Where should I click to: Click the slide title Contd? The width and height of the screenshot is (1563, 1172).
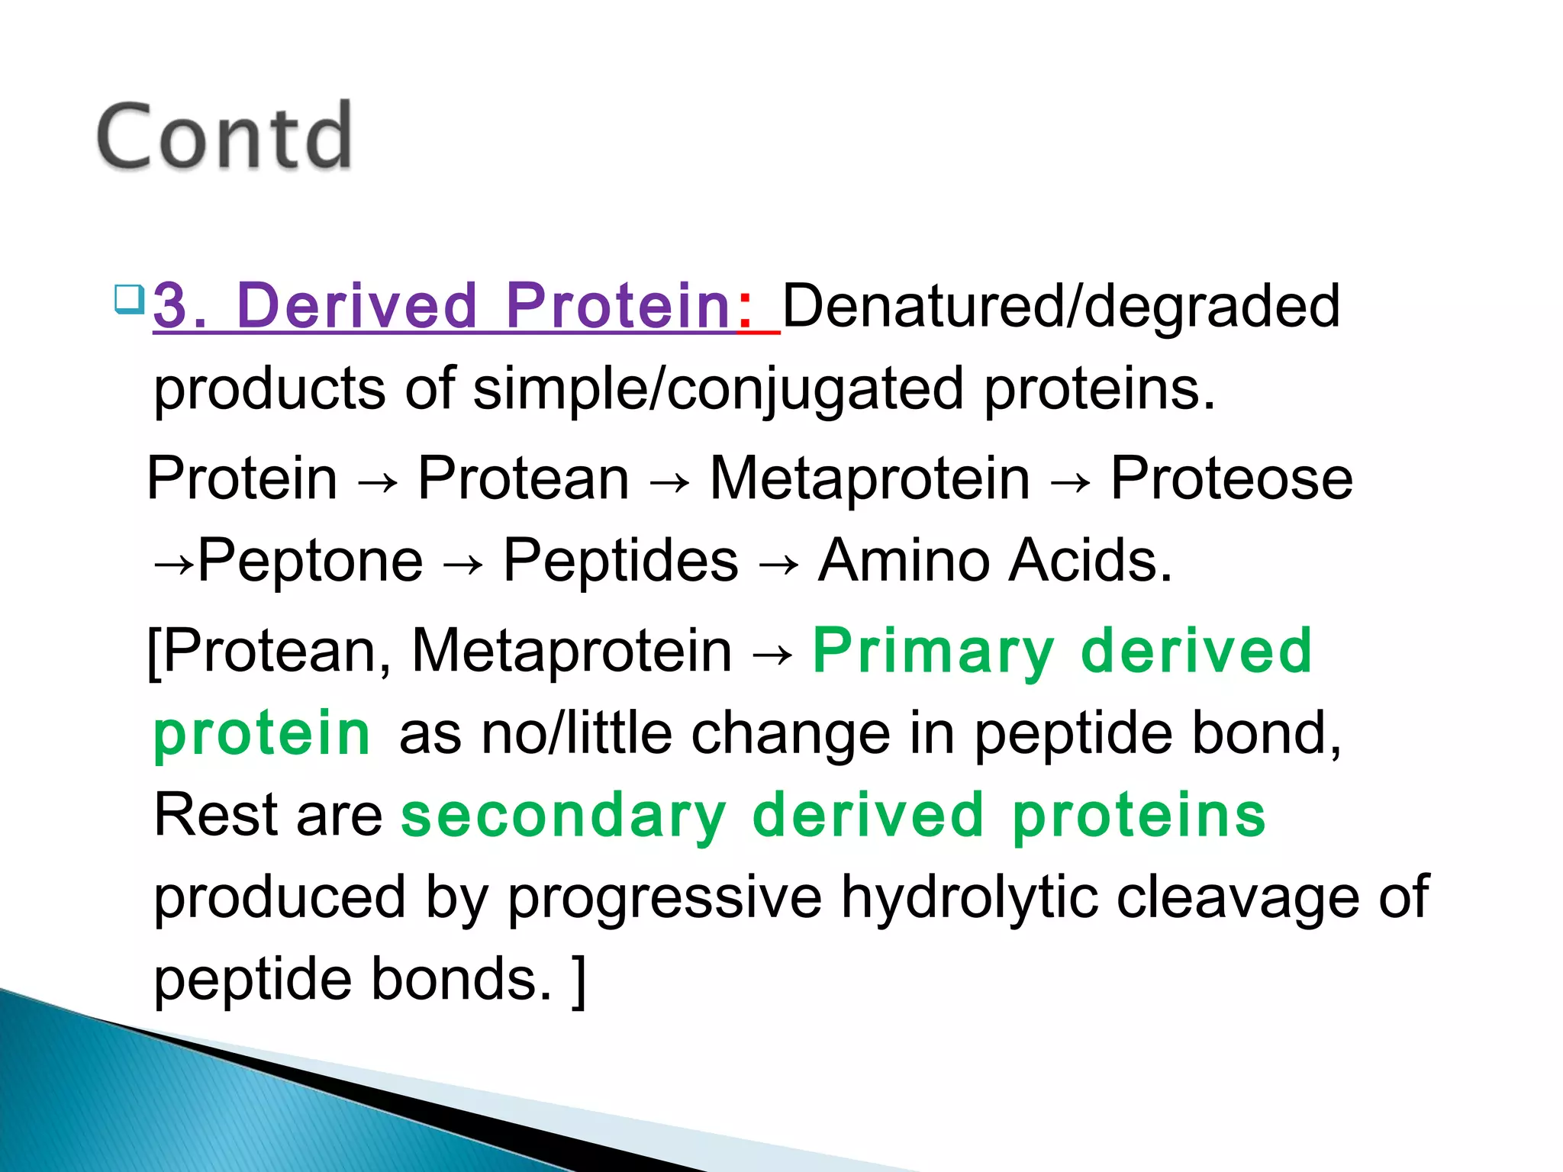[x=224, y=137]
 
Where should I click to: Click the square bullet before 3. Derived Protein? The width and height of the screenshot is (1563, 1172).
[x=129, y=300]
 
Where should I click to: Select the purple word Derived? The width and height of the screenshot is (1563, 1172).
[x=356, y=306]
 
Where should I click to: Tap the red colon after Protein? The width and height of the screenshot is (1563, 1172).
[x=744, y=307]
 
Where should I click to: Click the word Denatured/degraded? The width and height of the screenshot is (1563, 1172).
[x=1061, y=306]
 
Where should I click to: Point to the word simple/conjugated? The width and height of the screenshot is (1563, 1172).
[x=717, y=389]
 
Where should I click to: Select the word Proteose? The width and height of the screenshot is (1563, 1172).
[x=1230, y=478]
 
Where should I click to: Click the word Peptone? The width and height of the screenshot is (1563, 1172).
[x=310, y=561]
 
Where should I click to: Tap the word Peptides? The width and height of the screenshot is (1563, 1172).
[x=620, y=561]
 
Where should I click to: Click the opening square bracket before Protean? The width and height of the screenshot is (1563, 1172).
[x=154, y=652]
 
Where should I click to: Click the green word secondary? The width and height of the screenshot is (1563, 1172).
[x=563, y=816]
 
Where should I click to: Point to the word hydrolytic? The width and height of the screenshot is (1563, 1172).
[x=968, y=897]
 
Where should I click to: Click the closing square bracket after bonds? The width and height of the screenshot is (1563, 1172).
[x=579, y=981]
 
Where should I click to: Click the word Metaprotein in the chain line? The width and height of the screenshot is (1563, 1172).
[x=869, y=478]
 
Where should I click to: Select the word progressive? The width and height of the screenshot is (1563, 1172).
[x=665, y=899]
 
